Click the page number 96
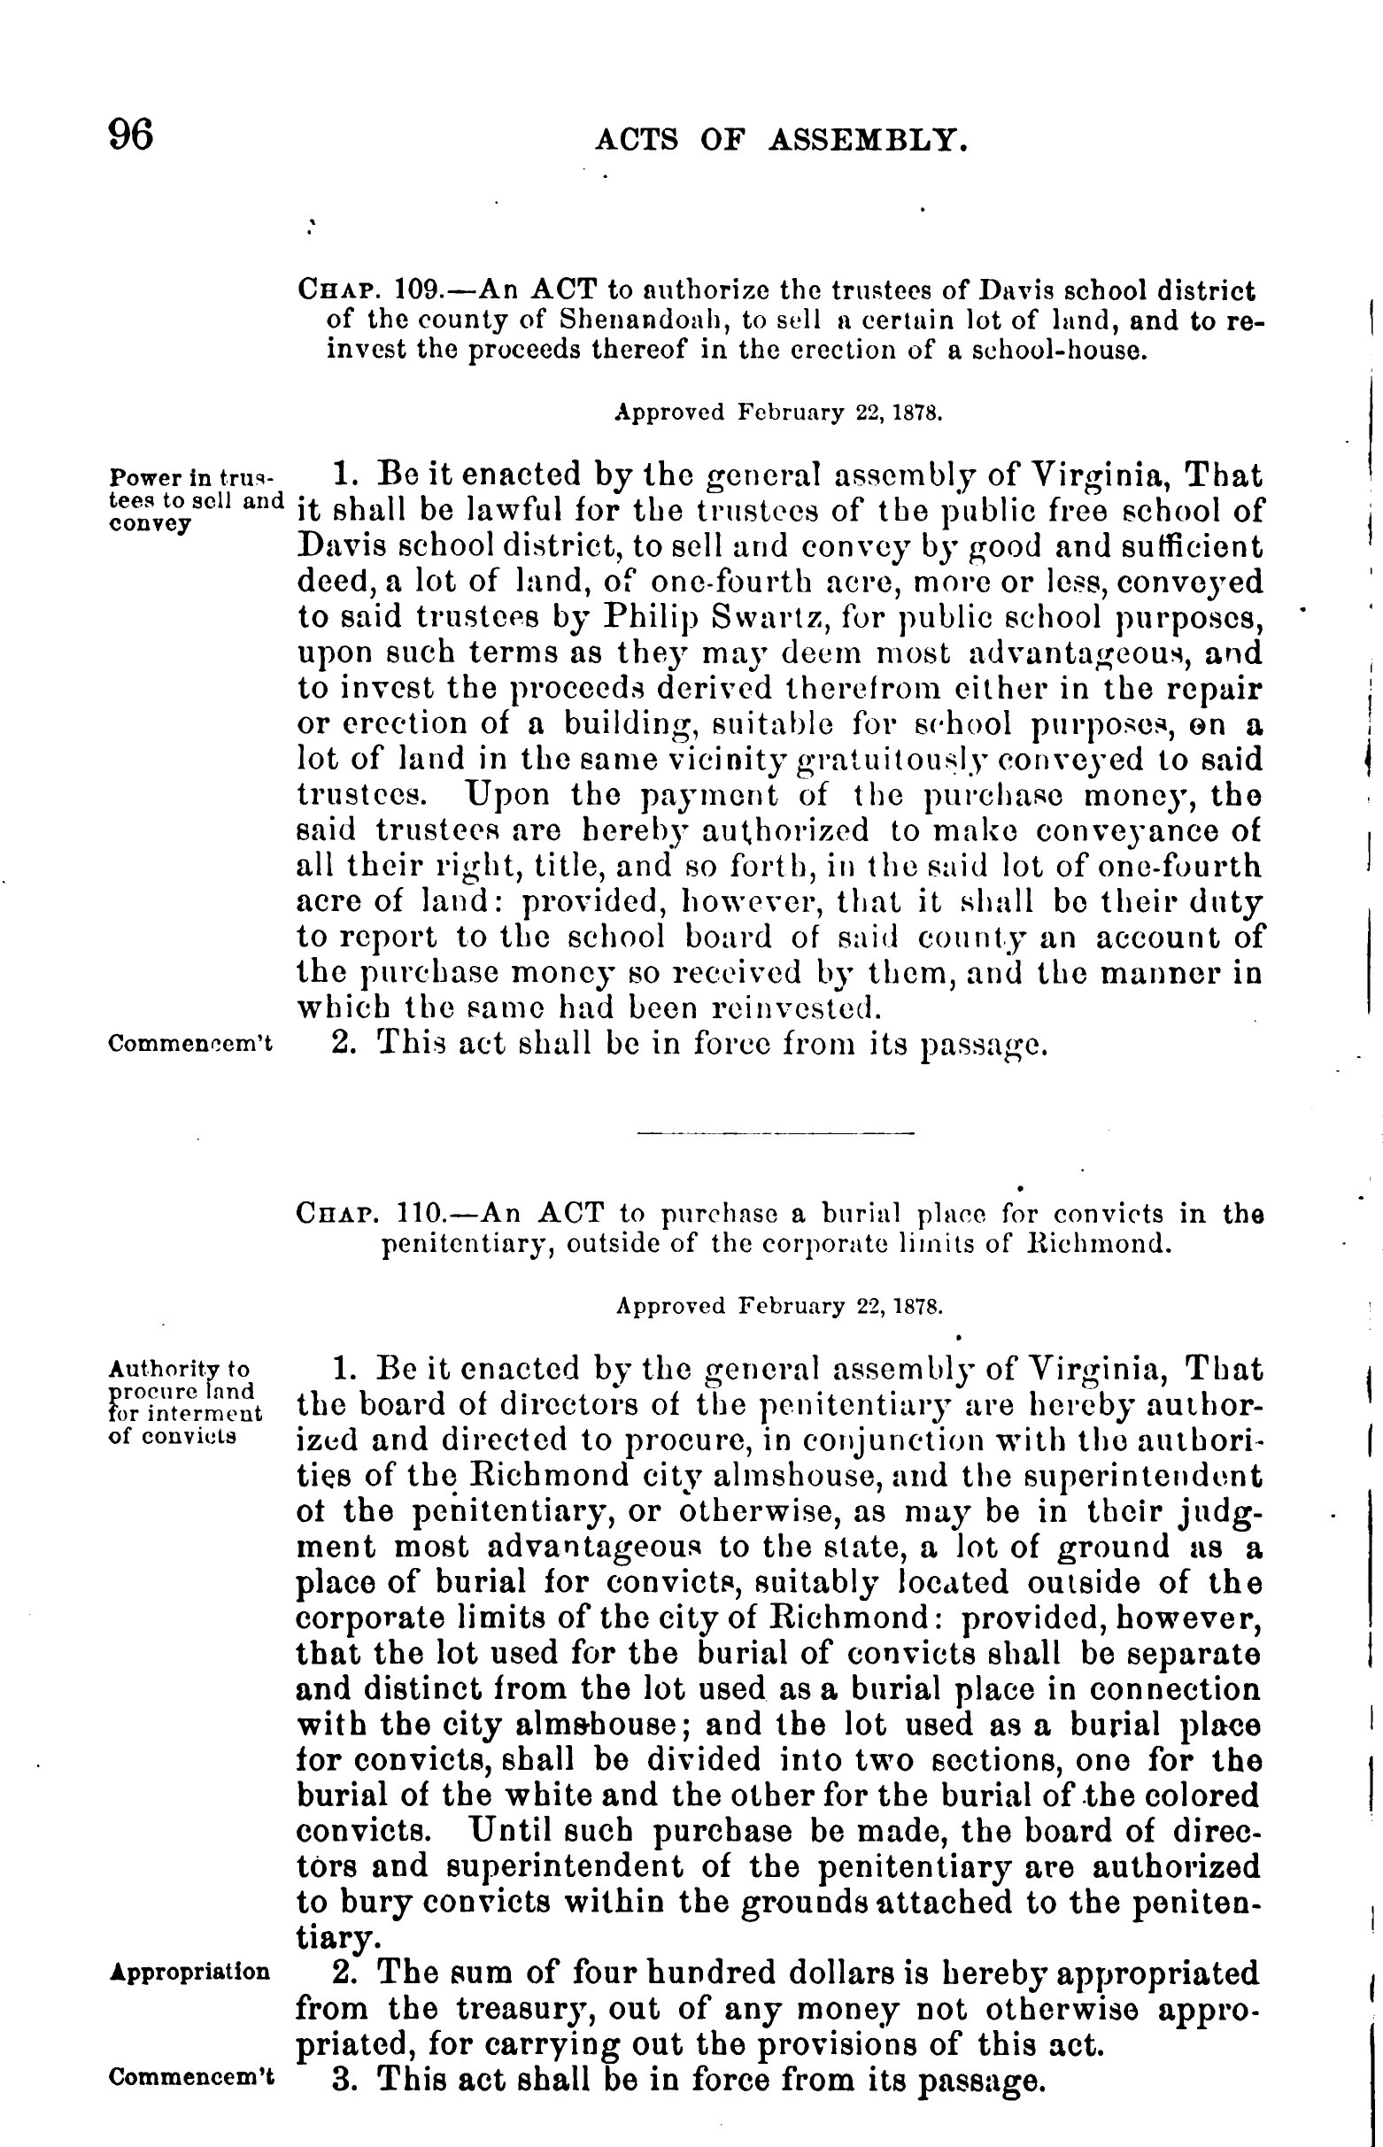[131, 135]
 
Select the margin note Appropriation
[189, 1972]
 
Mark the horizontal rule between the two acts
[774, 1133]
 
